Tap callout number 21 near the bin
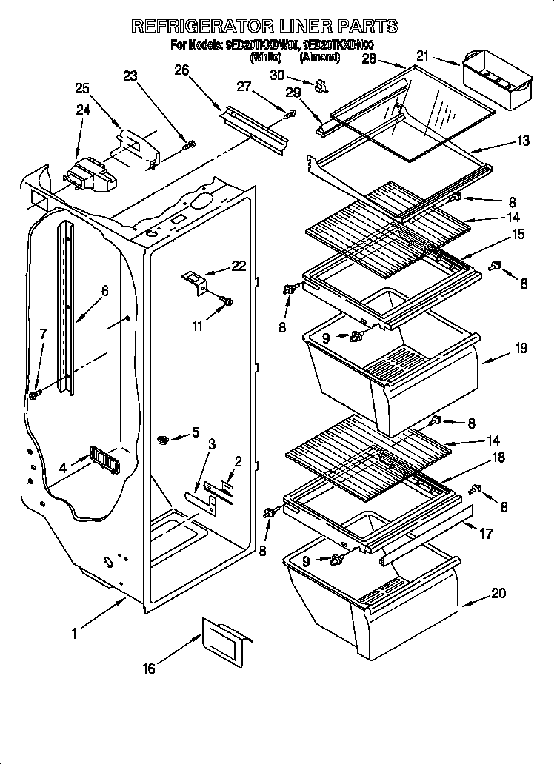click(423, 55)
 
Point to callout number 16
click(149, 668)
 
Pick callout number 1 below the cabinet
click(74, 634)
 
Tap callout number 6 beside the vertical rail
click(104, 291)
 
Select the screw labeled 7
click(34, 395)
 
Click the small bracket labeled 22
click(196, 282)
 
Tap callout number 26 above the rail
click(181, 70)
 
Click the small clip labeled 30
click(321, 87)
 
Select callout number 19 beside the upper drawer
click(521, 348)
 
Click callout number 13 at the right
click(524, 141)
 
